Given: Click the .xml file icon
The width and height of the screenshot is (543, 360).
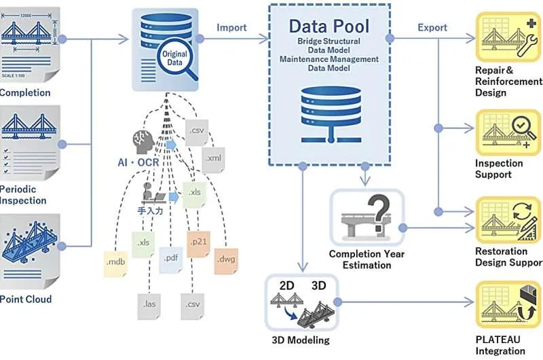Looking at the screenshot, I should coord(214,158).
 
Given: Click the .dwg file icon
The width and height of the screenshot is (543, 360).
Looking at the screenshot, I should coord(226,259).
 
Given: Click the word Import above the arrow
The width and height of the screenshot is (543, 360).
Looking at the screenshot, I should coord(231,28).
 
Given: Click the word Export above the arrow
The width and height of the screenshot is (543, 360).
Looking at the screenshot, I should coord(432,28).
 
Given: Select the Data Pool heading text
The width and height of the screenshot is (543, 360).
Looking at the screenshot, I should coord(329,26).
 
